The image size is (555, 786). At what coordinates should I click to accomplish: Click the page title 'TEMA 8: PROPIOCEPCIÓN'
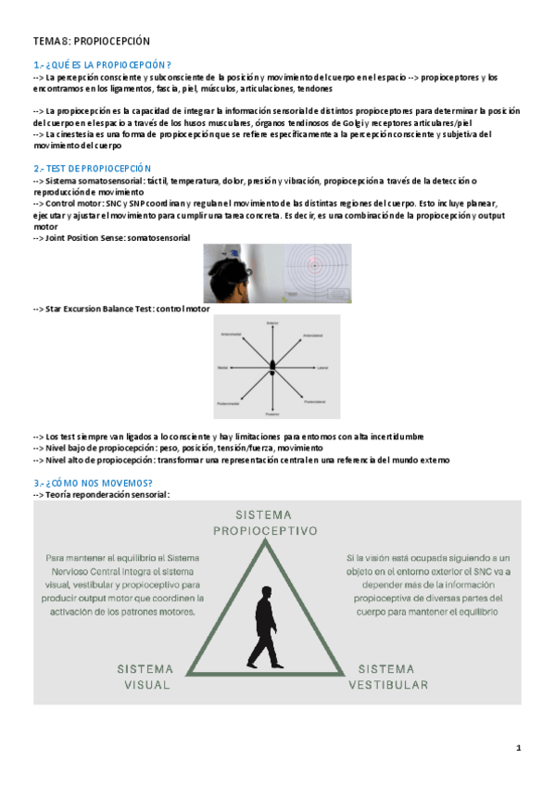(x=92, y=42)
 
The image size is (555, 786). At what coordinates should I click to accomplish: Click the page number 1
(x=519, y=747)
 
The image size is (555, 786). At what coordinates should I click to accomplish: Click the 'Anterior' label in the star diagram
(x=272, y=323)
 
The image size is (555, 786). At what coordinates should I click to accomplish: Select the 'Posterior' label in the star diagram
(x=272, y=412)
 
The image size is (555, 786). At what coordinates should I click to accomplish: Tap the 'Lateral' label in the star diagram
(x=322, y=367)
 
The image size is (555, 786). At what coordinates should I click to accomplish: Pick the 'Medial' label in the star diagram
(x=222, y=367)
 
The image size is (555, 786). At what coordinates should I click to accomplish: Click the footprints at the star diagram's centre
(x=272, y=367)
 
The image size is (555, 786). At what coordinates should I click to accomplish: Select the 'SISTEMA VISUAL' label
(x=146, y=676)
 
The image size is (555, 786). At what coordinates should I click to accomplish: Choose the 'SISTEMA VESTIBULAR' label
(x=388, y=676)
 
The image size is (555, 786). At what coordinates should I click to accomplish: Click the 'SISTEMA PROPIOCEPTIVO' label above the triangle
(x=265, y=522)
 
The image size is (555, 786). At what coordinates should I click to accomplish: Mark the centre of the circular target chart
(x=316, y=266)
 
